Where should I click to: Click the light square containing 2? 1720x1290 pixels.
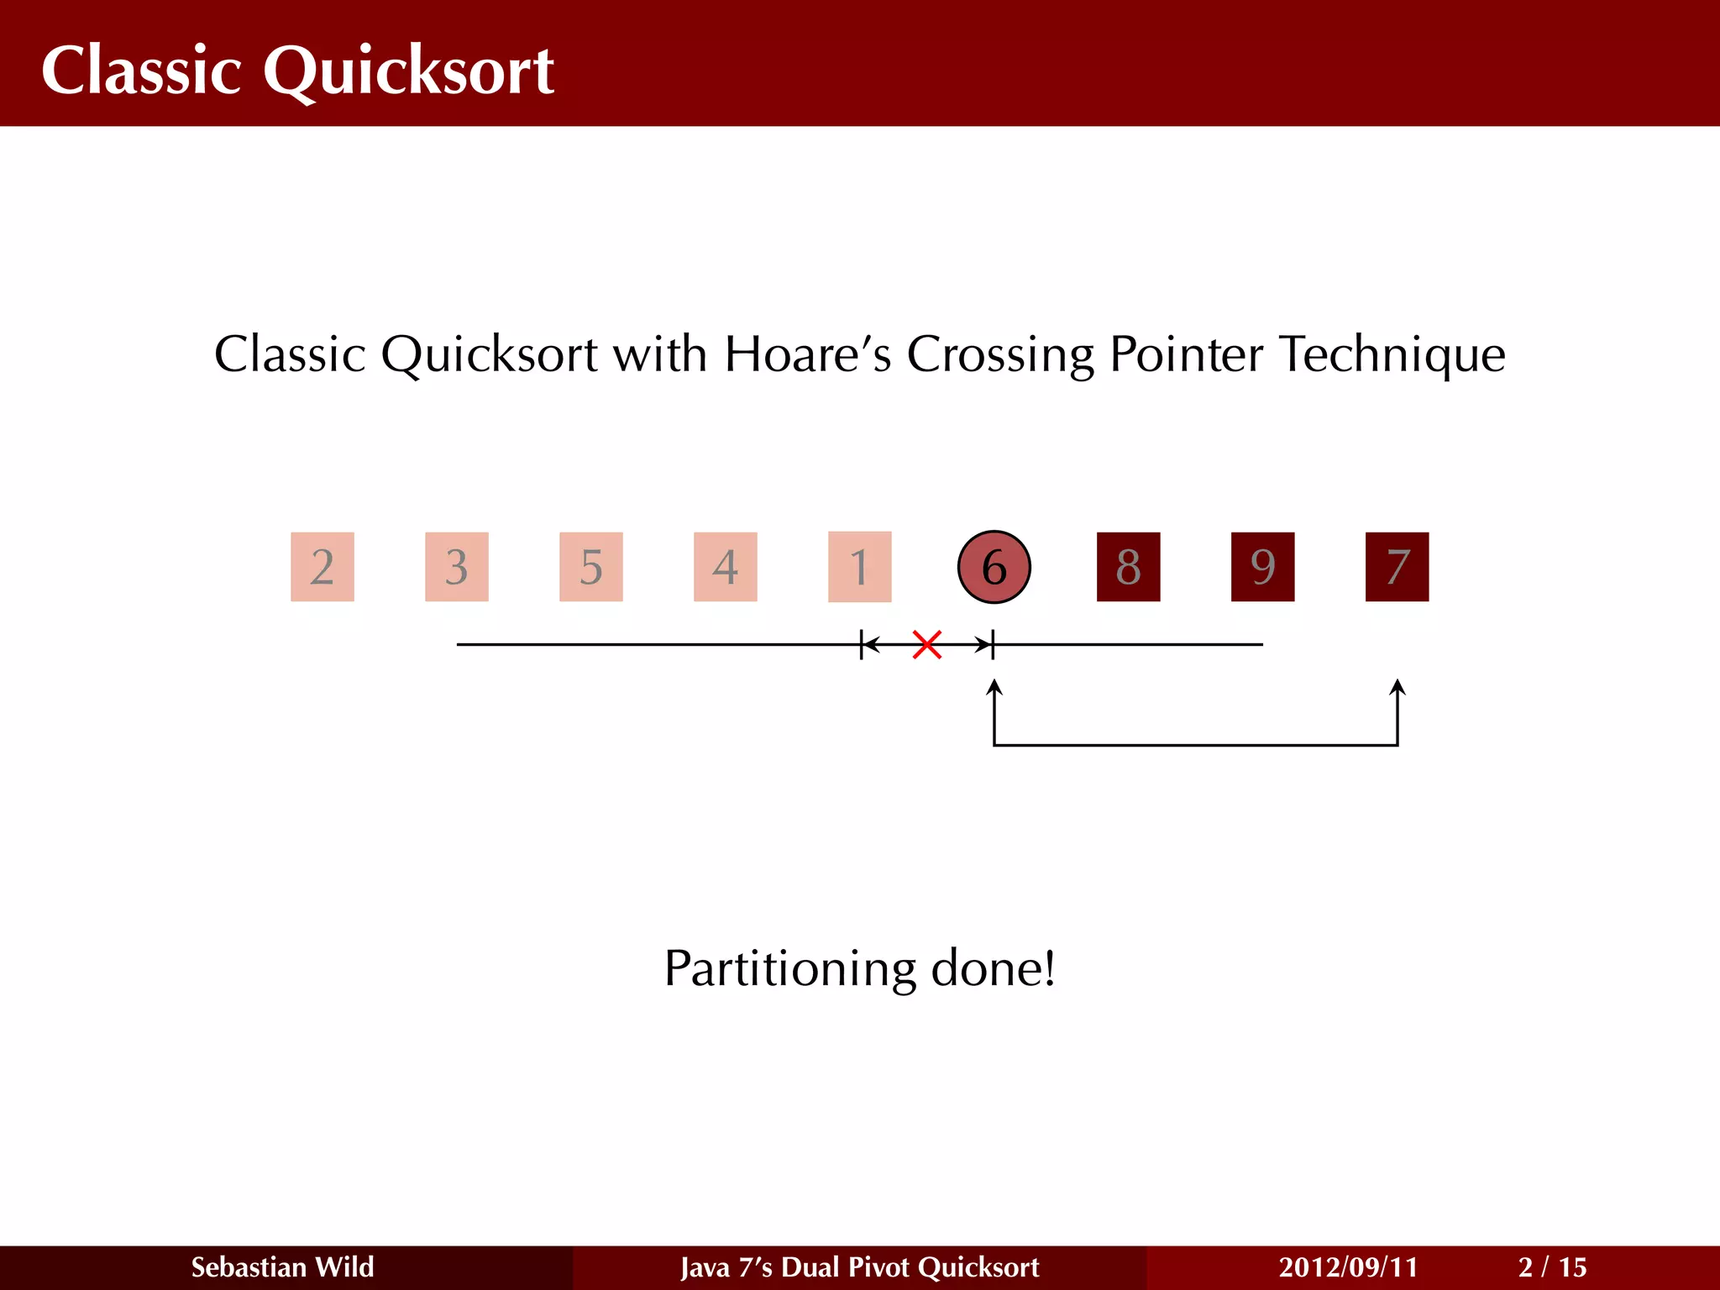click(x=322, y=567)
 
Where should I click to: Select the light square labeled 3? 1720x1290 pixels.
click(x=457, y=567)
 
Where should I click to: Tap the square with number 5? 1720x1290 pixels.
click(x=591, y=567)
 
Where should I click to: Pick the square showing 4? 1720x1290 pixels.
click(x=726, y=567)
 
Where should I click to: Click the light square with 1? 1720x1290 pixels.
click(x=859, y=567)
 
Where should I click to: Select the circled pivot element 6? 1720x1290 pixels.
click(x=994, y=567)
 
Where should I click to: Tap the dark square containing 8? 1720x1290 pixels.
click(x=1128, y=567)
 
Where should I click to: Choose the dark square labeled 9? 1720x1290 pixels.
click(x=1262, y=567)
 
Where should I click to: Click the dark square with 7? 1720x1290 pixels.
click(x=1397, y=567)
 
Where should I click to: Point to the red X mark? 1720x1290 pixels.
click(x=926, y=645)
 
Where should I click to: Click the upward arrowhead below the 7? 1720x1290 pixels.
click(x=1397, y=687)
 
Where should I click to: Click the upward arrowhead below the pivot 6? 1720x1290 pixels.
click(x=994, y=687)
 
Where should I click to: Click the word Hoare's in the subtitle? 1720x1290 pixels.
click(x=807, y=354)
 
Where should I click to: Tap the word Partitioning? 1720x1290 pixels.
click(x=789, y=969)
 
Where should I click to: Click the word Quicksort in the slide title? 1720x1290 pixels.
click(x=408, y=71)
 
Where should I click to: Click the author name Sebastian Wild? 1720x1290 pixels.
click(x=282, y=1266)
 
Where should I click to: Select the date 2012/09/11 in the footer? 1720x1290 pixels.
click(x=1347, y=1266)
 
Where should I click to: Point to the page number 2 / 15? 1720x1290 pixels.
click(x=1552, y=1266)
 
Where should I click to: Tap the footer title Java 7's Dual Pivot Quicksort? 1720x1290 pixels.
click(x=859, y=1266)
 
